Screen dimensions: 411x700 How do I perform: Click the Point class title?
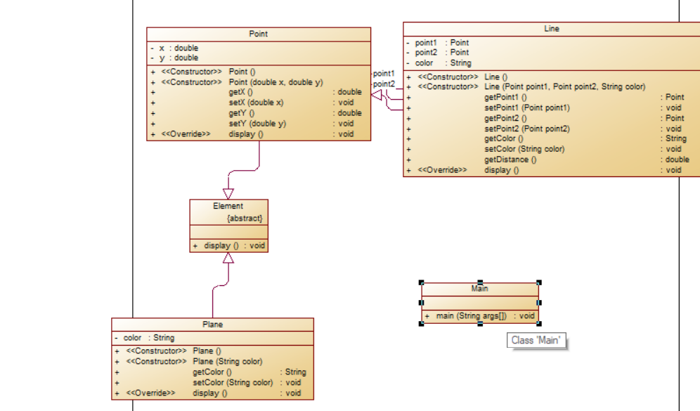tap(258, 34)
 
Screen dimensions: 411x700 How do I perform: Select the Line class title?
tap(552, 29)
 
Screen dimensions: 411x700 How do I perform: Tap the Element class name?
tap(228, 206)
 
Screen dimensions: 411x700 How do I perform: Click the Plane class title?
tap(212, 325)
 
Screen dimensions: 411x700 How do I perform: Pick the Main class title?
tap(480, 288)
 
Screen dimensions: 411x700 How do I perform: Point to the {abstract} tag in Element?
tap(245, 218)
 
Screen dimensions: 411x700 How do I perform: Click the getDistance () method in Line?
tap(510, 159)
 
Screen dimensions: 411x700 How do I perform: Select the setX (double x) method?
tap(256, 103)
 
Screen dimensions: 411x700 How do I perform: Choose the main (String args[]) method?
tap(470, 316)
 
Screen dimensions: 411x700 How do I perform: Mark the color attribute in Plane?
tap(148, 338)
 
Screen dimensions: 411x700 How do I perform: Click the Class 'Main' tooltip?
tap(537, 341)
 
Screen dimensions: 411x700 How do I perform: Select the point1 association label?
tap(384, 73)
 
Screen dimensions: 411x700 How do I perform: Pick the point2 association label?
tap(384, 84)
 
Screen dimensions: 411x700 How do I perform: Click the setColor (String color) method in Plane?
tap(233, 383)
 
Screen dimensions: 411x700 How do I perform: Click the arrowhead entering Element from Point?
tap(228, 194)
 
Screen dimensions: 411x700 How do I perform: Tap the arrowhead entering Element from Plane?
tap(228, 258)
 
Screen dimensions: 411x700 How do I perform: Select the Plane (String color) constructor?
tap(227, 362)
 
